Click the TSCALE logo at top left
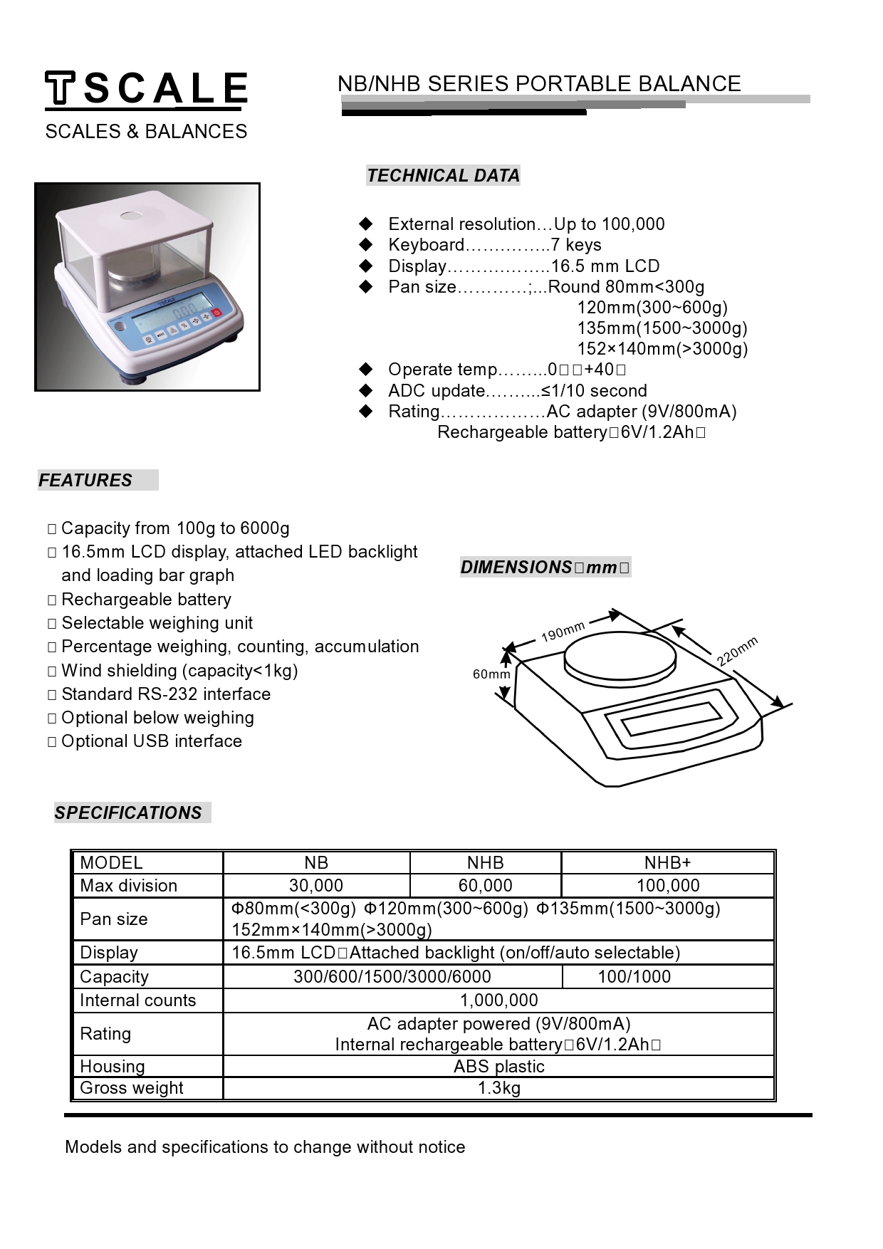coord(146,90)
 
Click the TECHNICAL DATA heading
coord(443,176)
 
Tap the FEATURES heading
coord(85,481)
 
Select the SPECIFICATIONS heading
coord(128,813)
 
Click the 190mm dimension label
coord(563,631)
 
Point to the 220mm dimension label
coord(737,652)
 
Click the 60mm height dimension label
coord(491,674)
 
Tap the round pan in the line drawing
coord(620,659)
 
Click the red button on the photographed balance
coord(219,313)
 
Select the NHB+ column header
coord(667,863)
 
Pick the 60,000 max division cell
coord(485,886)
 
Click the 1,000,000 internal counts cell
coord(498,1000)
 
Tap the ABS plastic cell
coord(498,1067)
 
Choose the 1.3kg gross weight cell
coord(498,1088)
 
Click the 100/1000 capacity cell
coord(634,977)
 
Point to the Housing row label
coord(113,1067)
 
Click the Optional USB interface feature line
coord(151,741)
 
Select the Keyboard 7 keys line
coord(494,245)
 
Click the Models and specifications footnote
coord(265,1147)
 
